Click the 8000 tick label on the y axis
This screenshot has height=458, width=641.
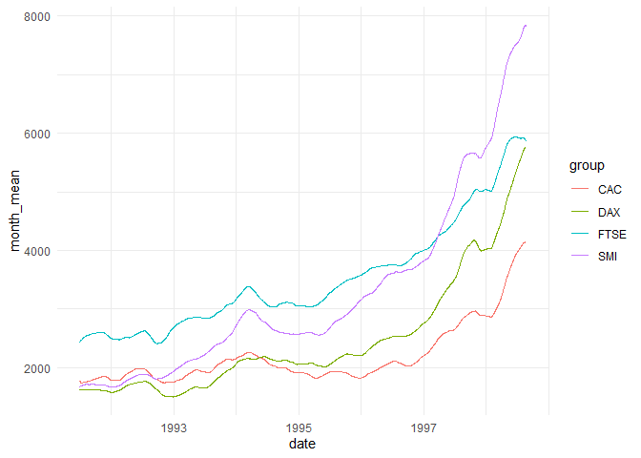point(38,16)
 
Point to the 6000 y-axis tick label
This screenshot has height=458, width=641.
point(38,134)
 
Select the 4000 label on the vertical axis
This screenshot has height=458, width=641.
point(38,251)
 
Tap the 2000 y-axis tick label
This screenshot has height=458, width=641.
point(38,368)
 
